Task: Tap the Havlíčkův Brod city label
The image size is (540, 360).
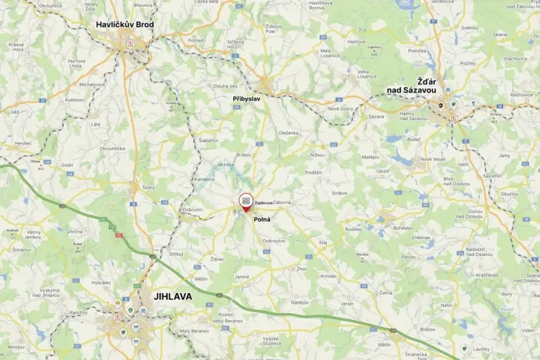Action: (x=125, y=25)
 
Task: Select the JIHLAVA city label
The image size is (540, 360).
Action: (x=172, y=295)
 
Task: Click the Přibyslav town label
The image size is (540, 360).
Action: (x=248, y=99)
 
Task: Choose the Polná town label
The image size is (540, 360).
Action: (x=262, y=218)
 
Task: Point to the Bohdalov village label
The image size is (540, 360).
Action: (x=403, y=228)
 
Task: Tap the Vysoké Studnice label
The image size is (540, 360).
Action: (x=270, y=342)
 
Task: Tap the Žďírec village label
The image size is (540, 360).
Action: (x=216, y=260)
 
